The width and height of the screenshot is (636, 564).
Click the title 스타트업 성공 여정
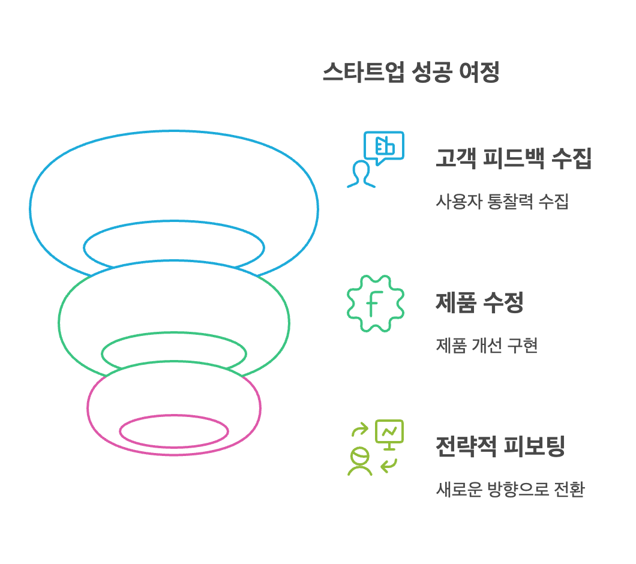[411, 73]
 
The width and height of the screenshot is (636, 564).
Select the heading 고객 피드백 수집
[514, 159]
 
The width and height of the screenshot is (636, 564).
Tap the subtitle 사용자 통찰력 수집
[502, 201]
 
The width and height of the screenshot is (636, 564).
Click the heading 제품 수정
[479, 302]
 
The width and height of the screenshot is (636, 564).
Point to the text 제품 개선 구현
[487, 346]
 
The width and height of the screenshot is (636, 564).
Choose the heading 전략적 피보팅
[500, 446]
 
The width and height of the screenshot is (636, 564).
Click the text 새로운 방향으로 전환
[510, 490]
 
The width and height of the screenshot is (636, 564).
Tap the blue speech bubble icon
[384, 147]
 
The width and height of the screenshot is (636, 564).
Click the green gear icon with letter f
[376, 303]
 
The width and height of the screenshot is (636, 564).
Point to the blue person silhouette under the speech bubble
[361, 174]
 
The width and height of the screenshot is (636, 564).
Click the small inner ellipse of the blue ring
[174, 247]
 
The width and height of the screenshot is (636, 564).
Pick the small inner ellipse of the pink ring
[174, 430]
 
